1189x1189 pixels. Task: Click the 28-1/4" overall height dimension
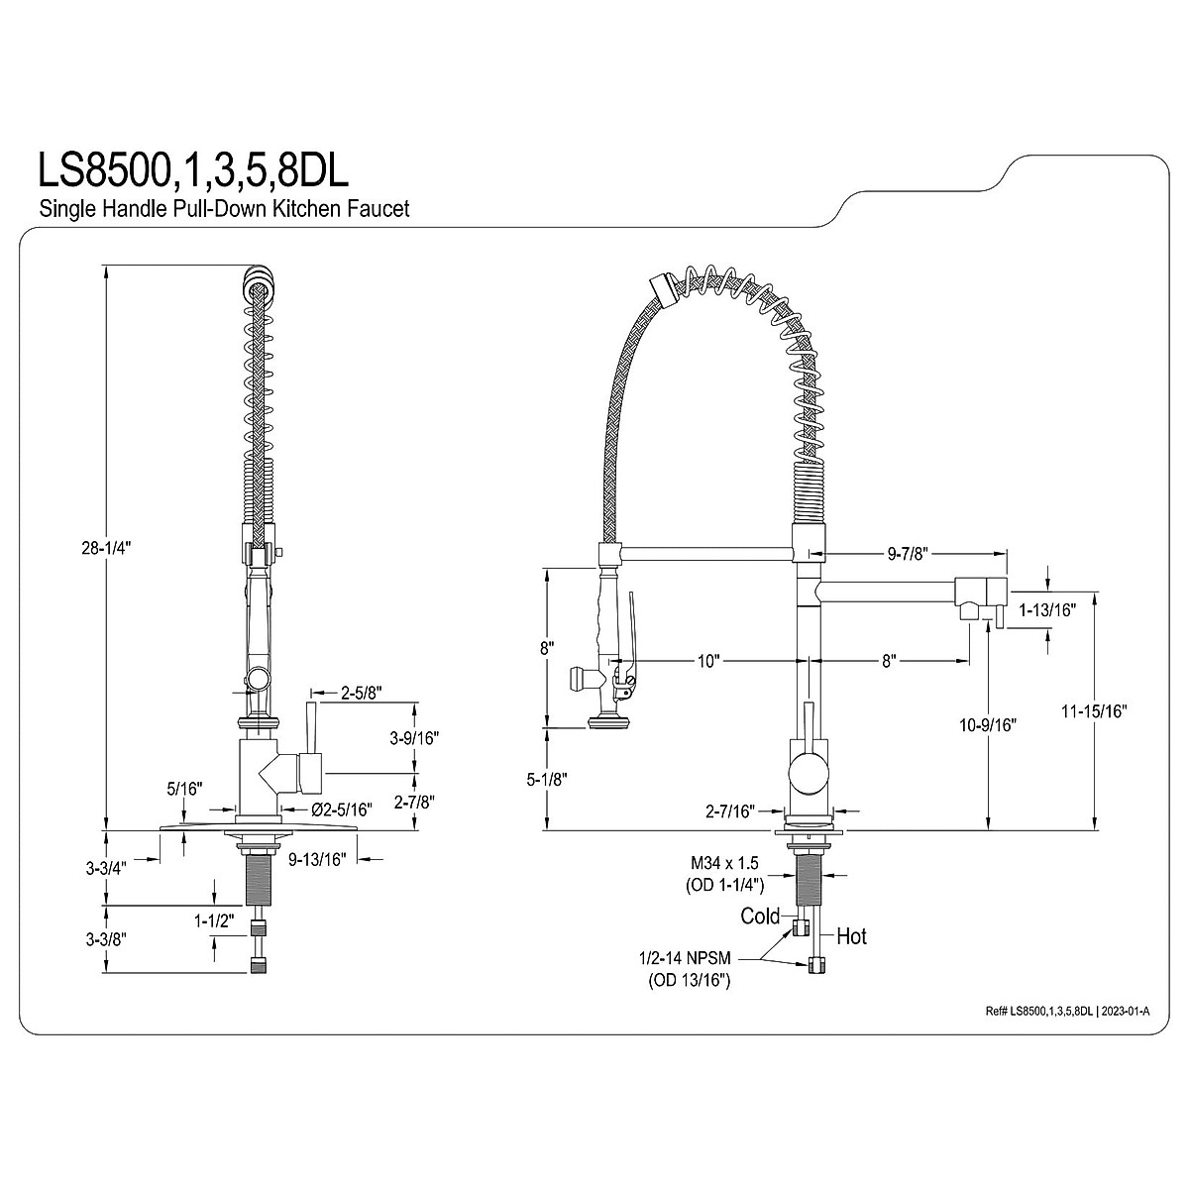coord(107,548)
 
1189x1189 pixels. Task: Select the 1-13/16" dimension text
coord(1047,610)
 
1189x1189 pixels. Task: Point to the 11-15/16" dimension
coord(1094,711)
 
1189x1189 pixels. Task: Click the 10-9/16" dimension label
coord(988,725)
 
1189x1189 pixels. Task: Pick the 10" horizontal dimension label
coord(709,662)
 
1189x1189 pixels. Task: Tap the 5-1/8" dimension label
coord(547,780)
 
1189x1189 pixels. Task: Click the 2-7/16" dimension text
coord(731,811)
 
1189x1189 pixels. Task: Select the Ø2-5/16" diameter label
coord(343,809)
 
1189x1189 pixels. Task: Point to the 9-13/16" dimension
coord(317,859)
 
